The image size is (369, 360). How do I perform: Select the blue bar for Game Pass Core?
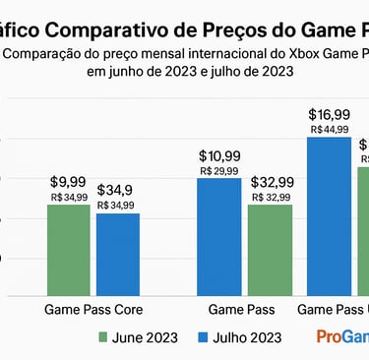(x=117, y=253)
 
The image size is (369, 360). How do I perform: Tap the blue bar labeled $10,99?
(x=218, y=235)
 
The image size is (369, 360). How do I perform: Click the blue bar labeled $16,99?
(x=328, y=215)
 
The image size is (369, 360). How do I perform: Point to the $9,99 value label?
(x=68, y=182)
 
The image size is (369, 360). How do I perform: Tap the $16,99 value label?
(x=328, y=114)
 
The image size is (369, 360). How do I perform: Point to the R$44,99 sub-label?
(x=328, y=129)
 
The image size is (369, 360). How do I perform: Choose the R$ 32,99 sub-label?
(x=270, y=197)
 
